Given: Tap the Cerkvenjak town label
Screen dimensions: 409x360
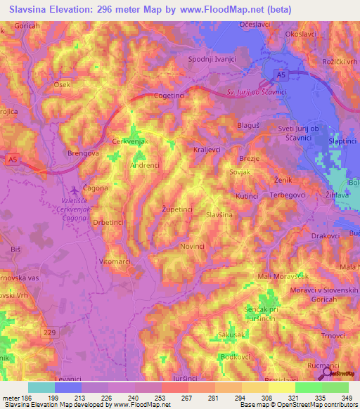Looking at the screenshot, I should pyautogui.click(x=133, y=141).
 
